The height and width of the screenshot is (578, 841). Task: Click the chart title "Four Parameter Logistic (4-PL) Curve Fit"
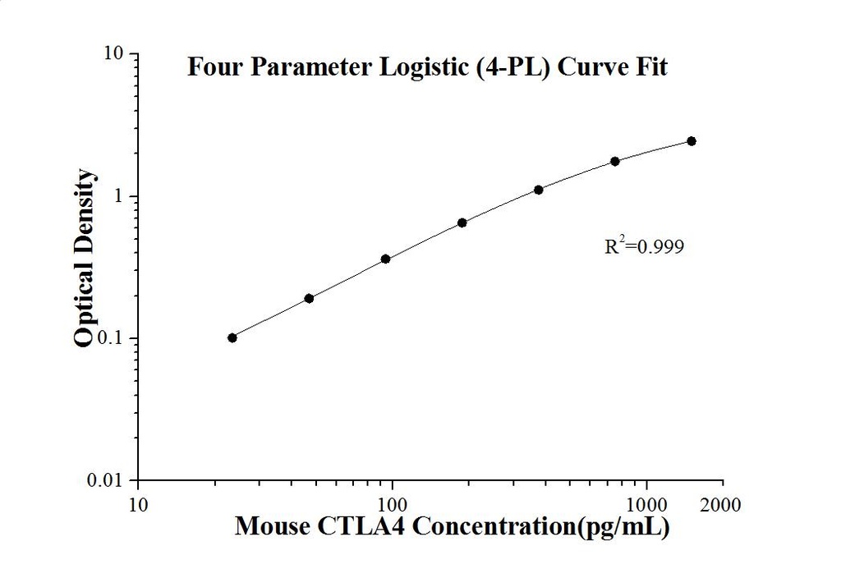427,67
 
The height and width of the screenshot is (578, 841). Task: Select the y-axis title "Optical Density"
85,258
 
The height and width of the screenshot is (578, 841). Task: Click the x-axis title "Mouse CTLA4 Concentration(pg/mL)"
452,526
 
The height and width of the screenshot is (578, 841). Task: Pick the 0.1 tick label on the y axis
112,338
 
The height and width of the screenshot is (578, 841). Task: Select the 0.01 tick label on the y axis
108,480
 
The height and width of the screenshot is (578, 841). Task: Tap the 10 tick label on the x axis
139,504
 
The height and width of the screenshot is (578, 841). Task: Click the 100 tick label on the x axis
393,504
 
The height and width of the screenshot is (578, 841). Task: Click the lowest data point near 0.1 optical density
232,337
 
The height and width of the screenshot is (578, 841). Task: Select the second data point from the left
309,298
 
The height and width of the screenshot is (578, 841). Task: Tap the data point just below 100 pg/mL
385,259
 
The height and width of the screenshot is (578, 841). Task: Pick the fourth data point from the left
462,222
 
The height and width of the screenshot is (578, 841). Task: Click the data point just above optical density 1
539,190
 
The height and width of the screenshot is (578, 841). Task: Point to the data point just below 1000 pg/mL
615,161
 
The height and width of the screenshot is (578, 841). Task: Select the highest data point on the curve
692,141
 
